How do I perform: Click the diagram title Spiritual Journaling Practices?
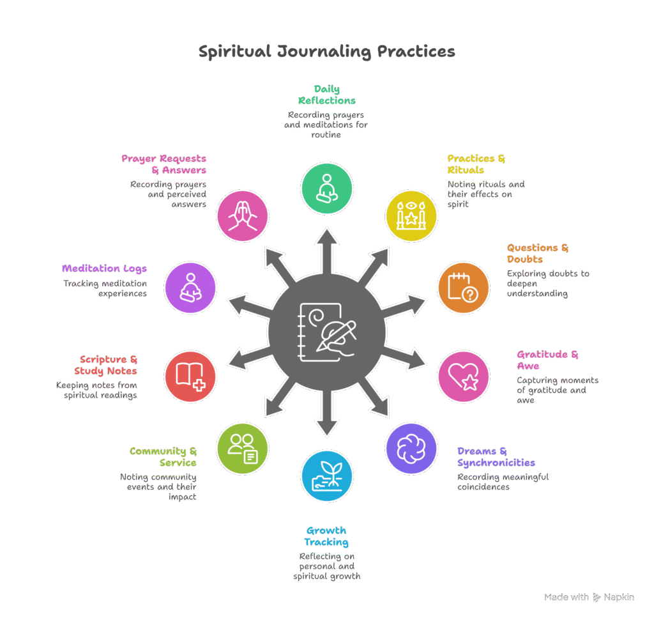point(326,52)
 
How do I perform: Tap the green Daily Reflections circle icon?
point(326,189)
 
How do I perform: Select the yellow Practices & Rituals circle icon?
point(411,215)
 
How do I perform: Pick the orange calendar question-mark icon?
point(463,288)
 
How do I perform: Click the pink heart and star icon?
point(463,376)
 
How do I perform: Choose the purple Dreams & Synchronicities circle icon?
point(411,449)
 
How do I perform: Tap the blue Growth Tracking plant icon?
point(326,476)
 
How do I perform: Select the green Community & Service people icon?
point(242,449)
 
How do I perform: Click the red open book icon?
point(190,376)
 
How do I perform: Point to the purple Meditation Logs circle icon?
point(190,288)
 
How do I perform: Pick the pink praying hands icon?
point(242,215)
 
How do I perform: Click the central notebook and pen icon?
point(326,332)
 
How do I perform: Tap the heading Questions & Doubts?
point(537,253)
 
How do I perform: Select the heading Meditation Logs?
point(104,268)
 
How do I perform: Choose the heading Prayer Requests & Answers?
point(164,164)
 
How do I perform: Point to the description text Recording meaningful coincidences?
point(503,481)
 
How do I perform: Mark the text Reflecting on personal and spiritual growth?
point(326,566)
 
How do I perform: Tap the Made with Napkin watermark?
point(589,597)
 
